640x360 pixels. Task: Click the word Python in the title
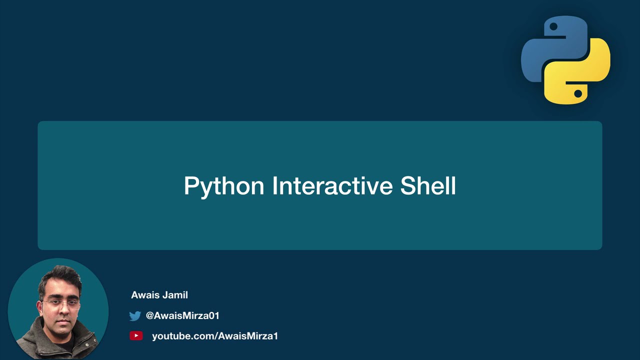click(223, 186)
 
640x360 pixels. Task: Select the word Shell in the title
click(428, 185)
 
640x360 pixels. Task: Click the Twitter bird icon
click(135, 316)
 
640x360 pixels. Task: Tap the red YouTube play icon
click(136, 336)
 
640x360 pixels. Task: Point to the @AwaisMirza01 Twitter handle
click(182, 315)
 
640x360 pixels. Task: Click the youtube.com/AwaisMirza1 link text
click(215, 336)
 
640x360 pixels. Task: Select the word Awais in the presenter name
click(144, 295)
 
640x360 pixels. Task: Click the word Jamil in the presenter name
click(174, 295)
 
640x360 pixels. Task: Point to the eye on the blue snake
click(553, 27)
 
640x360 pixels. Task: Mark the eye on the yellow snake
click(577, 93)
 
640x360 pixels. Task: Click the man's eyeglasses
click(60, 303)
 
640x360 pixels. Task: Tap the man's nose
click(61, 311)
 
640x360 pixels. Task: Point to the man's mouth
click(61, 321)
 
